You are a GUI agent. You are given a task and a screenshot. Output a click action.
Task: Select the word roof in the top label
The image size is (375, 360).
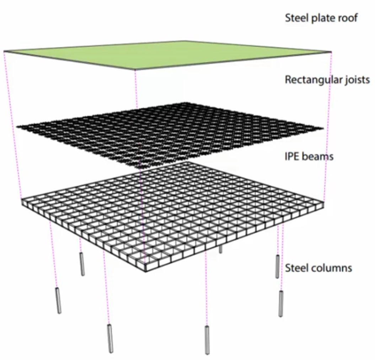click(x=347, y=18)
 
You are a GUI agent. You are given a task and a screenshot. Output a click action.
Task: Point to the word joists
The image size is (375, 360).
click(x=357, y=80)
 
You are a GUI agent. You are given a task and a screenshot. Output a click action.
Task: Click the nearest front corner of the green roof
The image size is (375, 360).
click(x=135, y=69)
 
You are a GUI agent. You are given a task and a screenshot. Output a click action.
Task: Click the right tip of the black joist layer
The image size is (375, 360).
click(x=323, y=128)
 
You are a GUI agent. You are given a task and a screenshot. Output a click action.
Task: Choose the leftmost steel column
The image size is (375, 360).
click(x=58, y=301)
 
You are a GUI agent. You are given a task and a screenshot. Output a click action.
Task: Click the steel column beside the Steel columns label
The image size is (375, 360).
click(x=277, y=266)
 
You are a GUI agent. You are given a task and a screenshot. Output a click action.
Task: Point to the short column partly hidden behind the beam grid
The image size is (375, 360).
click(x=220, y=249)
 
